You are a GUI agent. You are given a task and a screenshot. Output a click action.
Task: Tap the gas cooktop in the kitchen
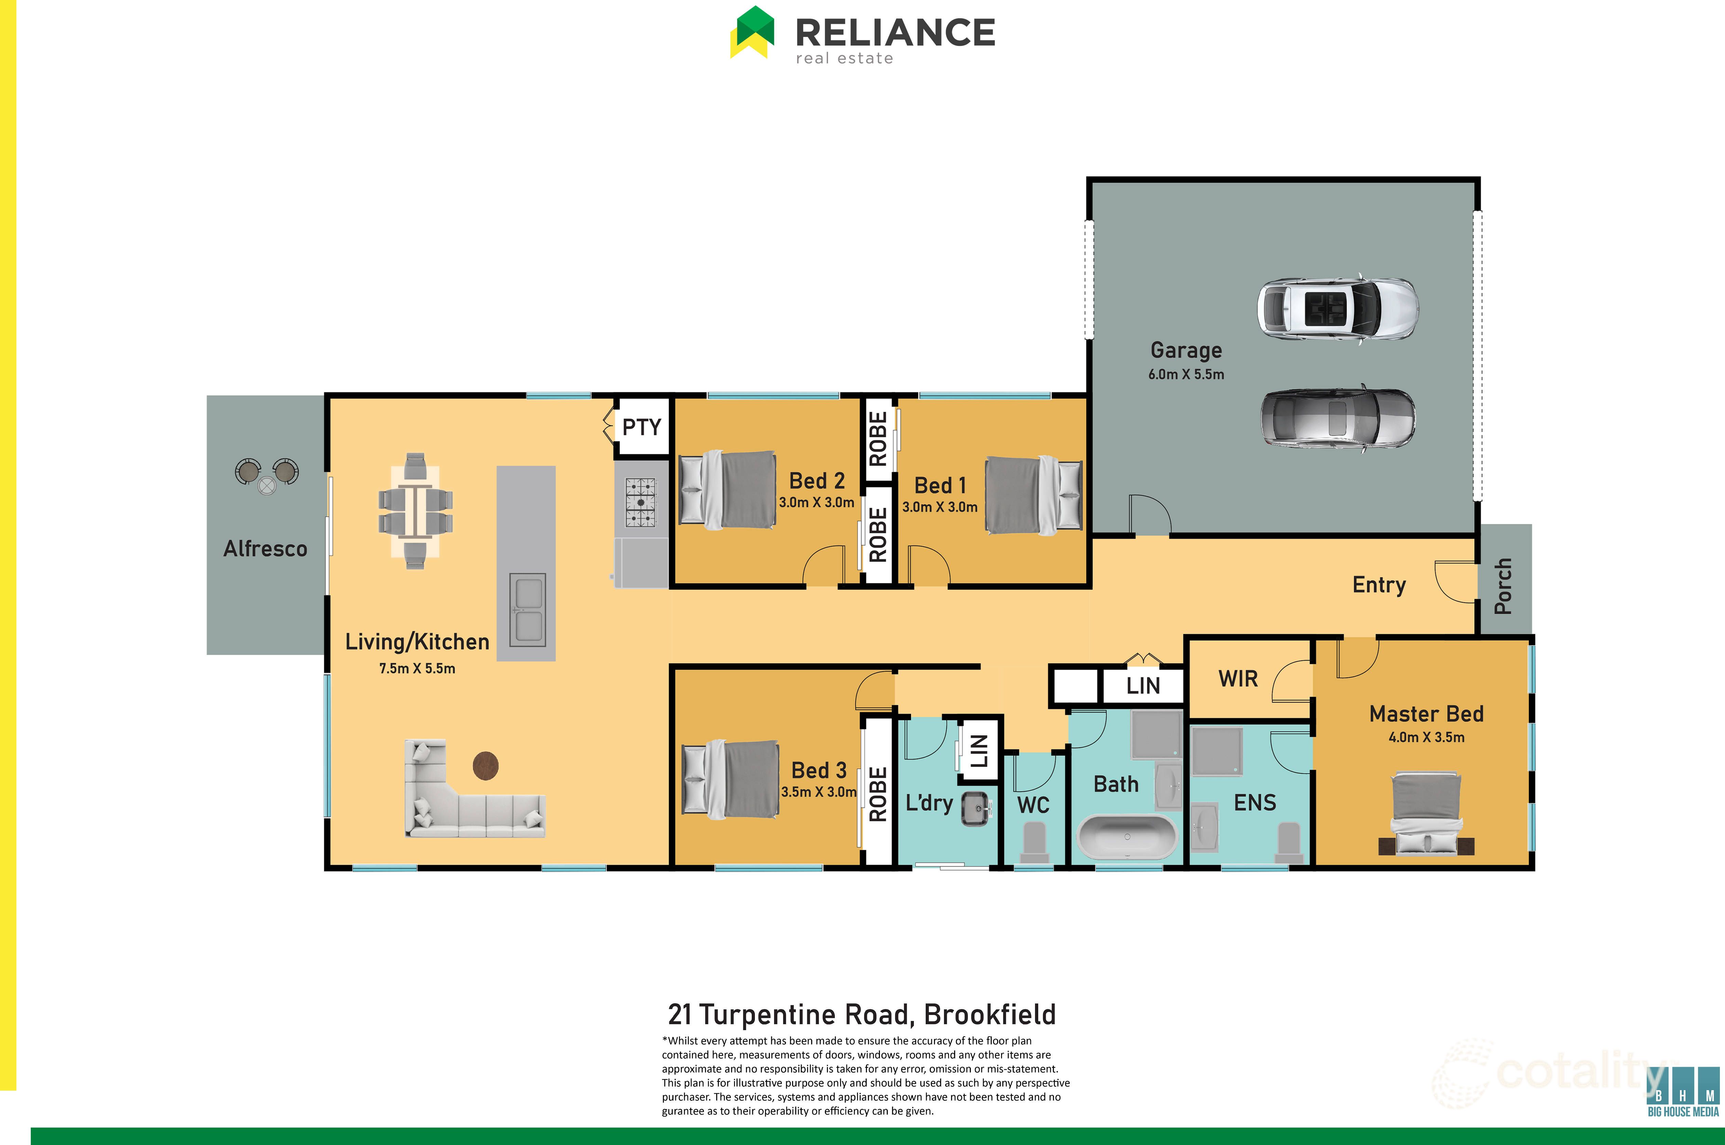[640, 502]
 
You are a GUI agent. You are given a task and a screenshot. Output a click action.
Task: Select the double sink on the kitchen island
[527, 610]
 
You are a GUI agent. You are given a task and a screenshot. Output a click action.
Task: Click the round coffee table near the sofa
[485, 766]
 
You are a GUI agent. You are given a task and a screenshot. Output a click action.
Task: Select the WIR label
[1238, 679]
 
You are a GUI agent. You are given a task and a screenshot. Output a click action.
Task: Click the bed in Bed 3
[730, 779]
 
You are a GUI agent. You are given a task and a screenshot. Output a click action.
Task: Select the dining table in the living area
[415, 511]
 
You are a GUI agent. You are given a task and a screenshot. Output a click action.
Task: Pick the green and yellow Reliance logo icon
[752, 32]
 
